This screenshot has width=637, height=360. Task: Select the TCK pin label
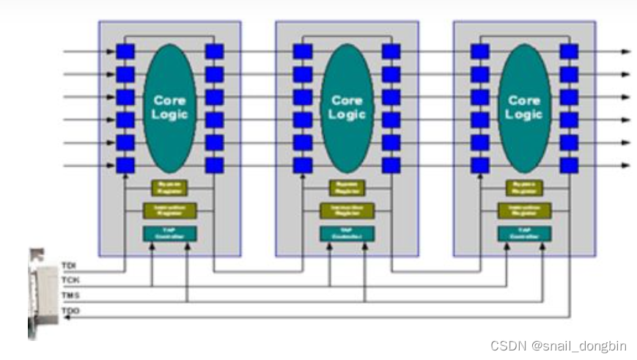pyautogui.click(x=70, y=281)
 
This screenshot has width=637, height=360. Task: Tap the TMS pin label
pyautogui.click(x=70, y=295)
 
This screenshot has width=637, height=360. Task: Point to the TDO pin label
pyautogui.click(x=70, y=312)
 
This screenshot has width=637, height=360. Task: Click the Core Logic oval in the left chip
pyautogui.click(x=170, y=107)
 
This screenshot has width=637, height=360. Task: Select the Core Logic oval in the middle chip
pyautogui.click(x=347, y=107)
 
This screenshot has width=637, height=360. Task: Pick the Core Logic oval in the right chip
pyautogui.click(x=524, y=107)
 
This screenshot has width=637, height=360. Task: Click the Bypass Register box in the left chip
pyautogui.click(x=170, y=188)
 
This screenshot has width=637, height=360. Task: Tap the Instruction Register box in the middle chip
pyautogui.click(x=347, y=210)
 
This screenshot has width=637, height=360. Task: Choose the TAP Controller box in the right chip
pyautogui.click(x=524, y=234)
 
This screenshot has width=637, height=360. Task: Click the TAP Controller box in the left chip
pyautogui.click(x=170, y=234)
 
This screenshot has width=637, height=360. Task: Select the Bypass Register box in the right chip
pyautogui.click(x=524, y=188)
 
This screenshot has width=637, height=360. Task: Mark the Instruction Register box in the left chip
pyautogui.click(x=170, y=210)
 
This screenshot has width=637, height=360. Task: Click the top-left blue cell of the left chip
pyautogui.click(x=125, y=51)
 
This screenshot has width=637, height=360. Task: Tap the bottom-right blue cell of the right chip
pyautogui.click(x=569, y=165)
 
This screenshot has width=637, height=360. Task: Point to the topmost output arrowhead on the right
pyautogui.click(x=625, y=51)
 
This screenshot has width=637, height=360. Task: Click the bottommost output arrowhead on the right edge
pyautogui.click(x=625, y=165)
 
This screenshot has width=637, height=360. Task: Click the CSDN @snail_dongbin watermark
pyautogui.click(x=559, y=345)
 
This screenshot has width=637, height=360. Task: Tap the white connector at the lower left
pyautogui.click(x=42, y=293)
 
